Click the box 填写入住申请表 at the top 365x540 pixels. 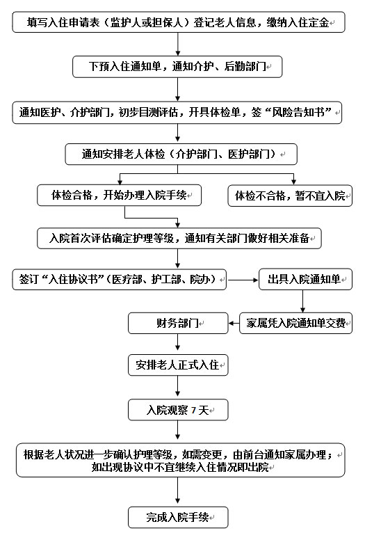point(179,22)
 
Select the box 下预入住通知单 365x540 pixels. point(177,67)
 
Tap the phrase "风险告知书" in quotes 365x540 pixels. point(298,112)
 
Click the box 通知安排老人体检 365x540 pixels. point(181,154)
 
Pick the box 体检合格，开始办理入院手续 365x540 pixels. point(119,196)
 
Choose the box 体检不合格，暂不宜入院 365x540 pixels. point(290,196)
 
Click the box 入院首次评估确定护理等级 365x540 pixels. point(179,238)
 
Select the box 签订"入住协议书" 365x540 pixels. point(120,279)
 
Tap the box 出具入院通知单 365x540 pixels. point(305,279)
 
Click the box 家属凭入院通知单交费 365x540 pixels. point(296,323)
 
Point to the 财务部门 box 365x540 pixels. point(178,323)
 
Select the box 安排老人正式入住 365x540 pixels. point(178,365)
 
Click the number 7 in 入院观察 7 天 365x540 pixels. point(193,410)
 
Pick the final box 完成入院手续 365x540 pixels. point(178,517)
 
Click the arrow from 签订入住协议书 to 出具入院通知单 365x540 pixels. point(243,280)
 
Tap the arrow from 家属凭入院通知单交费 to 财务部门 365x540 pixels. point(234,324)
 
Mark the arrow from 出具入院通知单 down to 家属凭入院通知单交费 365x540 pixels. point(302,301)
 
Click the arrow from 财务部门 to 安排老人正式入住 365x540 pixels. point(177,342)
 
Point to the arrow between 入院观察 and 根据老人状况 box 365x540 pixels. point(177,430)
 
